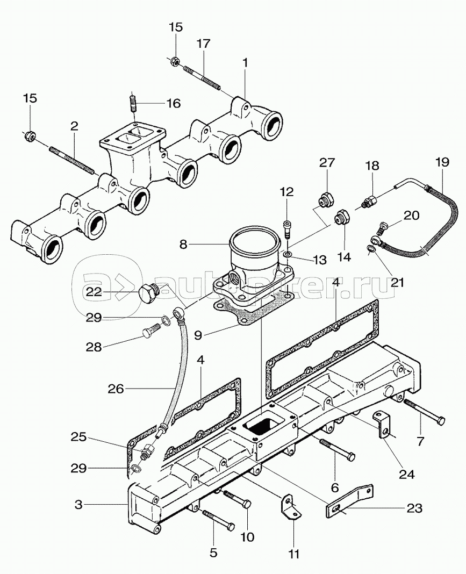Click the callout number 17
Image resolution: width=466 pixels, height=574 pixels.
[x=203, y=44]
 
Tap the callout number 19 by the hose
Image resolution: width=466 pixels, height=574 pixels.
[x=441, y=162]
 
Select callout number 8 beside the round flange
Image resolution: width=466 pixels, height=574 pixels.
[x=183, y=244]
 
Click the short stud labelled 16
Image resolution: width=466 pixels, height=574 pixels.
[x=133, y=103]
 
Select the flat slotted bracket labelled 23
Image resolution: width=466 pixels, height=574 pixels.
[x=349, y=499]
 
